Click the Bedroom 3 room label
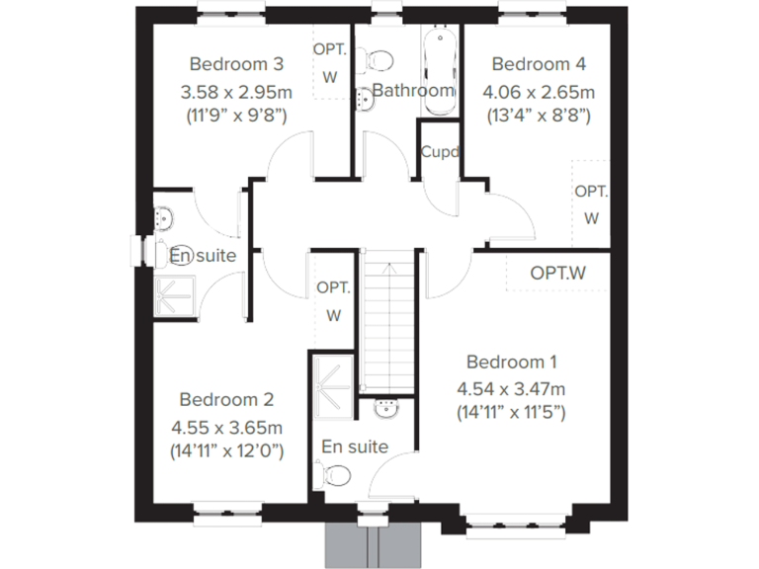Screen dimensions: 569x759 (236, 64)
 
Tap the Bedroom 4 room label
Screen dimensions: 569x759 (539, 64)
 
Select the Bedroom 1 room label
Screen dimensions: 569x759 (512, 361)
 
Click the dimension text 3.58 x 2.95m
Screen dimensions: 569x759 (236, 92)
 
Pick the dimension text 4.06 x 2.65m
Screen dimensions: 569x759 (539, 92)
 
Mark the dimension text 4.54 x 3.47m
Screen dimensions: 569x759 (511, 387)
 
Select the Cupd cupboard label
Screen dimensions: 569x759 (439, 152)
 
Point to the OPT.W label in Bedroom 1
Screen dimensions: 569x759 (557, 272)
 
